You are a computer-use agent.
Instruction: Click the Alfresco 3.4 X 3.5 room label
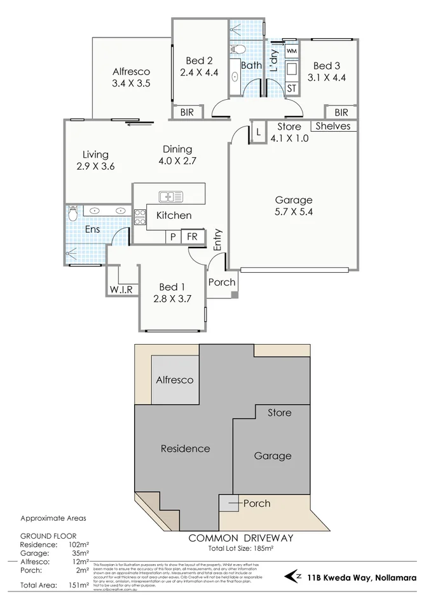[131, 78]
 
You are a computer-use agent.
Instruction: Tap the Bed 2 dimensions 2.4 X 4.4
[199, 73]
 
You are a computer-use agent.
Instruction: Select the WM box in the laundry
[291, 50]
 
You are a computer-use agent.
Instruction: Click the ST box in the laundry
[291, 88]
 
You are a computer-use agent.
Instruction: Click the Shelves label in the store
[333, 126]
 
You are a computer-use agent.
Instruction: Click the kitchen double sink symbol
[170, 197]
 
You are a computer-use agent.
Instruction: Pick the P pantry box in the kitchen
[172, 237]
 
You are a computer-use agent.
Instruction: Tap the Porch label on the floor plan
[222, 282]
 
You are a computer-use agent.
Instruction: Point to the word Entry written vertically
[217, 240]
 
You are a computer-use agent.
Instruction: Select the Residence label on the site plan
[185, 448]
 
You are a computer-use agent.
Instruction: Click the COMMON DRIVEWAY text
[241, 538]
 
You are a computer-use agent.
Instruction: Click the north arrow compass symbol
[294, 577]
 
